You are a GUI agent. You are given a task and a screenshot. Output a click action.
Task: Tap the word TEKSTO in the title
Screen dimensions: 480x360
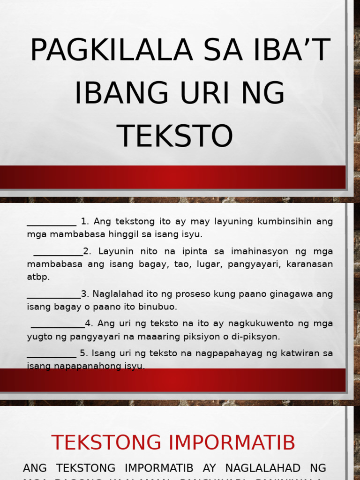coord(175,135)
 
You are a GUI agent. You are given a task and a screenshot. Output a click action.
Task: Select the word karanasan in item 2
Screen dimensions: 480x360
coord(313,264)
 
